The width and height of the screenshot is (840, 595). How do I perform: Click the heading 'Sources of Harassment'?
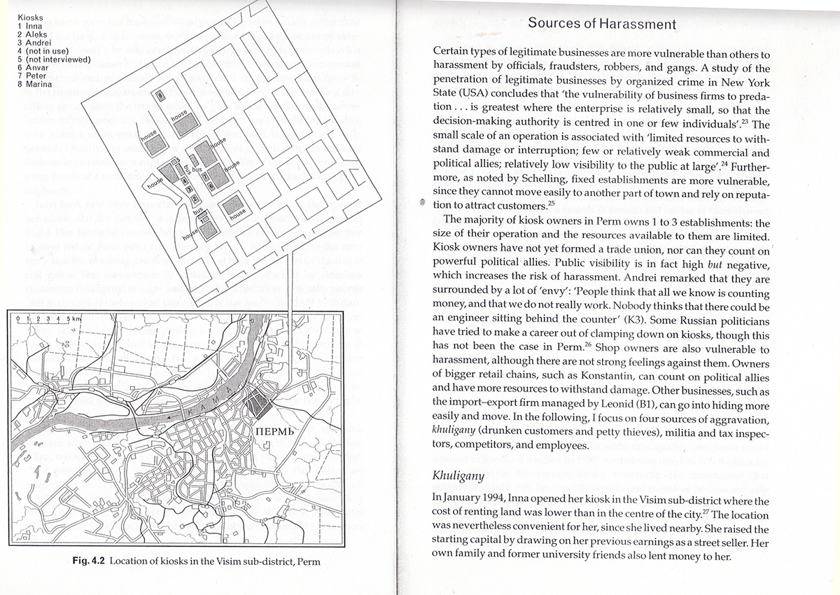[601, 23]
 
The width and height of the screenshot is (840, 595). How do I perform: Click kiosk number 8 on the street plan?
[160, 95]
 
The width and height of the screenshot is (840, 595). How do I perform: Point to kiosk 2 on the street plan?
[194, 199]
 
